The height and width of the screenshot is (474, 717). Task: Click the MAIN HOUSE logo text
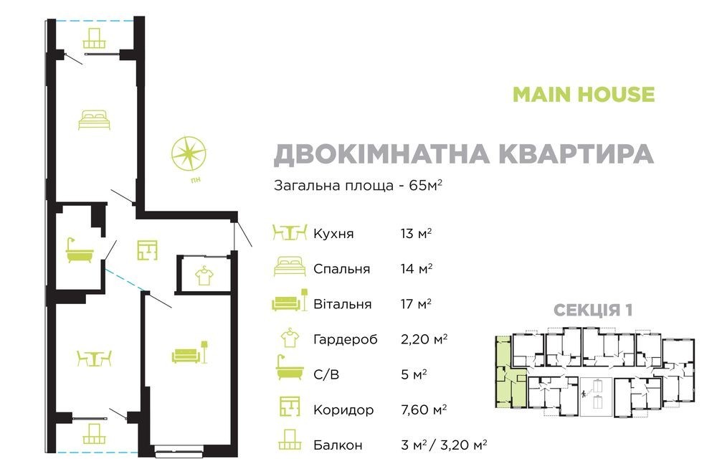584,94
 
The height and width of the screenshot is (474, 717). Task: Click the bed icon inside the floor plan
94,120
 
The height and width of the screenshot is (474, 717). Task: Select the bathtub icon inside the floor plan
80,251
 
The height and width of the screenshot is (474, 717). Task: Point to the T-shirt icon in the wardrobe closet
204,275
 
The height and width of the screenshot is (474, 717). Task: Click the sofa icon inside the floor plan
190,352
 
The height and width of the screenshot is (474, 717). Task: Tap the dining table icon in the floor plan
94,359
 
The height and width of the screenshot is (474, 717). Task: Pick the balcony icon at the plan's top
95,39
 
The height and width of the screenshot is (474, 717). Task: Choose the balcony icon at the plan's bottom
94,434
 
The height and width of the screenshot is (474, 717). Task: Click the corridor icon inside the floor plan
147,250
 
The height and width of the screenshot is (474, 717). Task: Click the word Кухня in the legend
333,234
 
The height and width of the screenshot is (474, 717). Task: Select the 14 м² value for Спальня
417,269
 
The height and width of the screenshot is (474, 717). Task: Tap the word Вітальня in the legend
342,304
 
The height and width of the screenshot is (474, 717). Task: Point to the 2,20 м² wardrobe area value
424,339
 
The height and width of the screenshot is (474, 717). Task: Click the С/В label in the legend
326,375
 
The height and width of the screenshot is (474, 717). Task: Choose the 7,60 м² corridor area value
424,409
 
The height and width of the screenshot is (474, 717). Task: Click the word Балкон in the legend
338,445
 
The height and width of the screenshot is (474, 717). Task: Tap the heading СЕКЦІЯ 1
593,311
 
